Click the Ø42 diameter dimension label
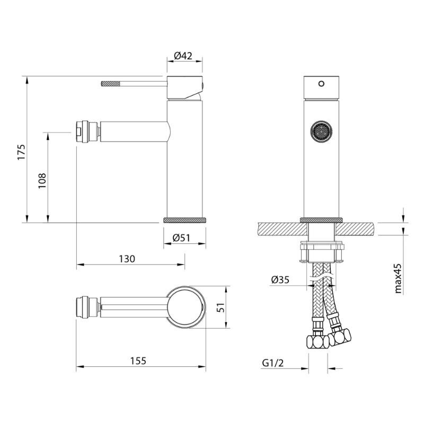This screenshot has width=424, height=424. click(183, 56)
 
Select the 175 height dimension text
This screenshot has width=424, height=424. click(21, 152)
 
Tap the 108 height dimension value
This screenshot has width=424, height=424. click(42, 181)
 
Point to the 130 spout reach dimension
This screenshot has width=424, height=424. click(127, 259)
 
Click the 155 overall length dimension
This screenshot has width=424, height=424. click(138, 361)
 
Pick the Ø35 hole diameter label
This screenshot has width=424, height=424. click(280, 280)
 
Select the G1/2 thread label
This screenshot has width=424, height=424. click(273, 363)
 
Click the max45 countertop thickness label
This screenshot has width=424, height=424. click(398, 279)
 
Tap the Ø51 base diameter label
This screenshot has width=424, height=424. click(181, 237)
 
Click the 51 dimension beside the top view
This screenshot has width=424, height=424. click(221, 307)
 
